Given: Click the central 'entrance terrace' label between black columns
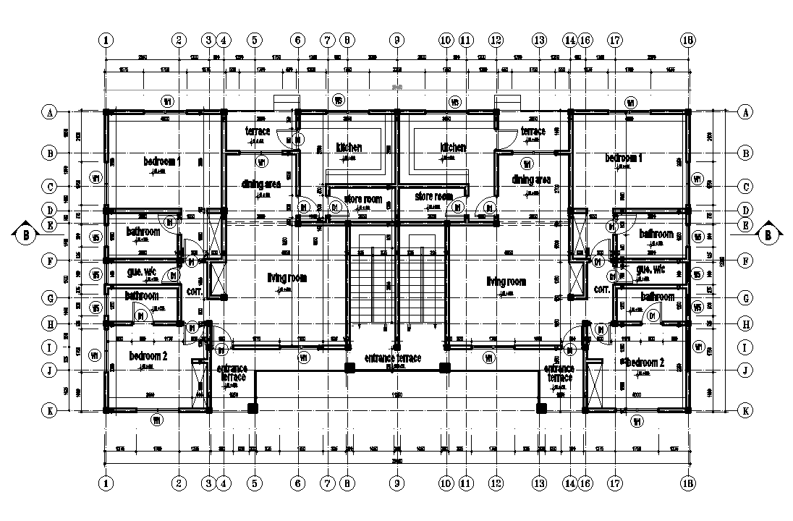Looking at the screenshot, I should pyautogui.click(x=392, y=358).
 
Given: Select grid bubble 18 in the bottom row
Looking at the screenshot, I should pyautogui.click(x=687, y=483).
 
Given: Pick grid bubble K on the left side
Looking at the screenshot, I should pyautogui.click(x=50, y=410).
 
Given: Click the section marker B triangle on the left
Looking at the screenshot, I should pyautogui.click(x=25, y=234).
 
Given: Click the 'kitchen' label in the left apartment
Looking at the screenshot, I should pyautogui.click(x=349, y=148).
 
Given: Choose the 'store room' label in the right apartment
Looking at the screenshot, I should pyautogui.click(x=433, y=196).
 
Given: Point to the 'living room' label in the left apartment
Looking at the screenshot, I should pyautogui.click(x=287, y=278).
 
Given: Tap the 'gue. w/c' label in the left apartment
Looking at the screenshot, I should pyautogui.click(x=143, y=271).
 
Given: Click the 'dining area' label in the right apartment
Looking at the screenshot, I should pyautogui.click(x=531, y=179).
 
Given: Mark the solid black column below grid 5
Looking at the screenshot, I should pyautogui.click(x=253, y=409).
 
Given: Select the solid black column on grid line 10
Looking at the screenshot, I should pyautogui.click(x=445, y=368).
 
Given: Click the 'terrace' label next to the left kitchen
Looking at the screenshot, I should pyautogui.click(x=258, y=131).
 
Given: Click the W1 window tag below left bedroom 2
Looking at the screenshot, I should pyautogui.click(x=157, y=420).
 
